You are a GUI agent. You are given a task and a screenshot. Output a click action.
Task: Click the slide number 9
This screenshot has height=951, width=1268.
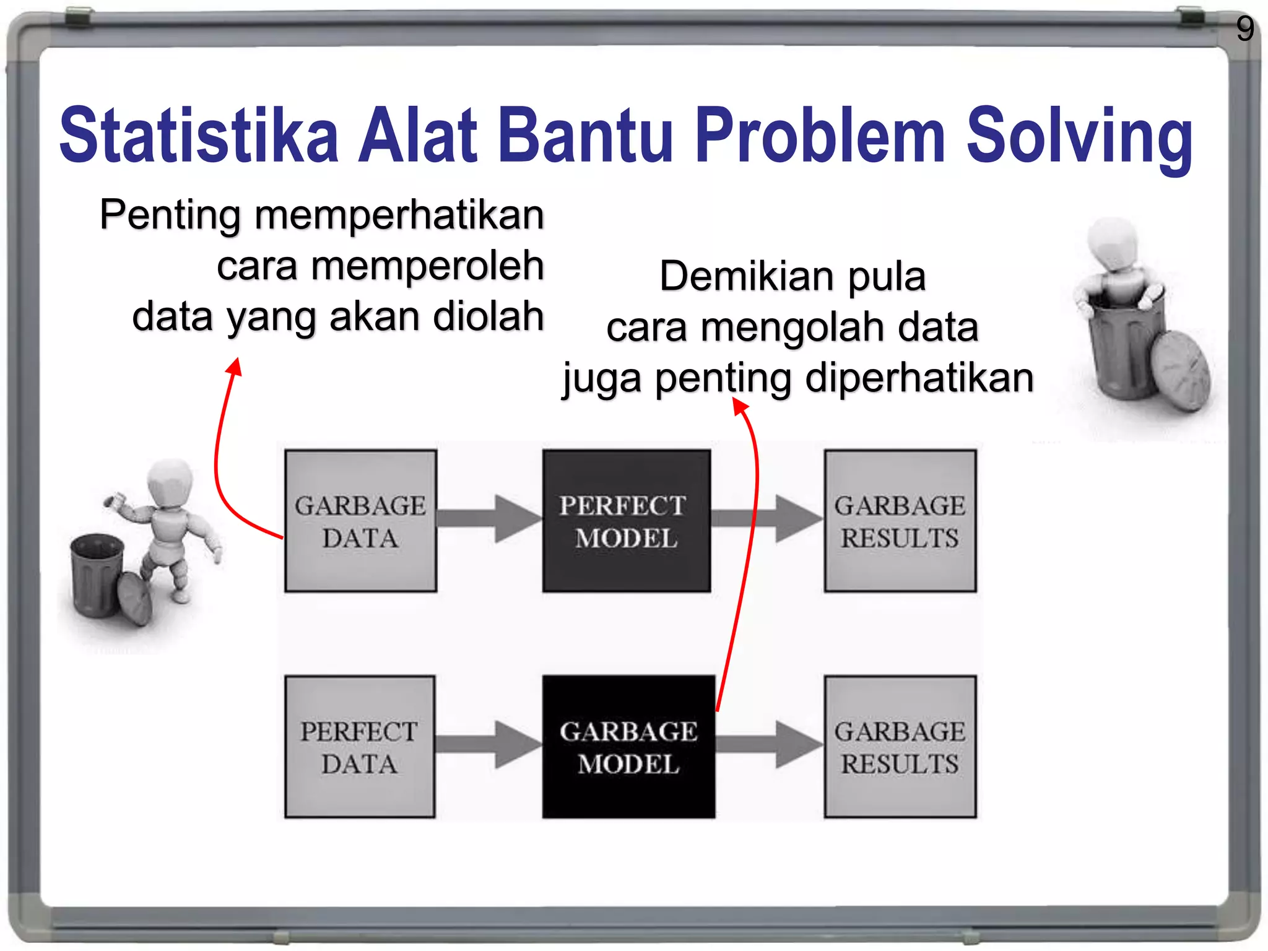[1244, 28]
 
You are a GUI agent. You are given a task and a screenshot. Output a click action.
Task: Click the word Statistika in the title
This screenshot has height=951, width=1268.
[198, 135]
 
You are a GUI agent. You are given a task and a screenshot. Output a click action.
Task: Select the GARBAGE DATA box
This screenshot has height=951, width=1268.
[360, 521]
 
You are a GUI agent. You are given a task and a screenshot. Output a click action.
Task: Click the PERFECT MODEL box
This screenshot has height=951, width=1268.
[626, 521]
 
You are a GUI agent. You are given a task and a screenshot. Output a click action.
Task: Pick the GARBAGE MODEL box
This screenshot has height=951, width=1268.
[628, 747]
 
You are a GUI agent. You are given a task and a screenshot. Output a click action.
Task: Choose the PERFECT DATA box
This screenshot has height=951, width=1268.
[360, 747]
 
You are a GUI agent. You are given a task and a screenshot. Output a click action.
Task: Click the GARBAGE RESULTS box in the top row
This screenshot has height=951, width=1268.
[900, 521]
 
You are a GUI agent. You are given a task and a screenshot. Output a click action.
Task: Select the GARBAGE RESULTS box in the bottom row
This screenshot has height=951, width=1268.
[900, 747]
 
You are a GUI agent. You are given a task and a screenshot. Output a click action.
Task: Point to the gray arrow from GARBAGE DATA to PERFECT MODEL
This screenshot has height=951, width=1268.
[489, 519]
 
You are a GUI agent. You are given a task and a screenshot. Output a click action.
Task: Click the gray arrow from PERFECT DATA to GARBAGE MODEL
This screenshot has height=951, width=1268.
[489, 744]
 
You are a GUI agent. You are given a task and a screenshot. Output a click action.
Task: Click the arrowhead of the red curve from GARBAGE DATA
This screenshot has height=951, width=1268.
[235, 367]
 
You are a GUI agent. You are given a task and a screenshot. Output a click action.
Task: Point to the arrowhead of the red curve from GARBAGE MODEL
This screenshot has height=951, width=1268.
[740, 406]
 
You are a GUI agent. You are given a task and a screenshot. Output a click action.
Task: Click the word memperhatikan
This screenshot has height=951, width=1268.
[399, 215]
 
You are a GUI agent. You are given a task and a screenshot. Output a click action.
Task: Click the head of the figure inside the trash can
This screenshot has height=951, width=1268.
[1113, 243]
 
